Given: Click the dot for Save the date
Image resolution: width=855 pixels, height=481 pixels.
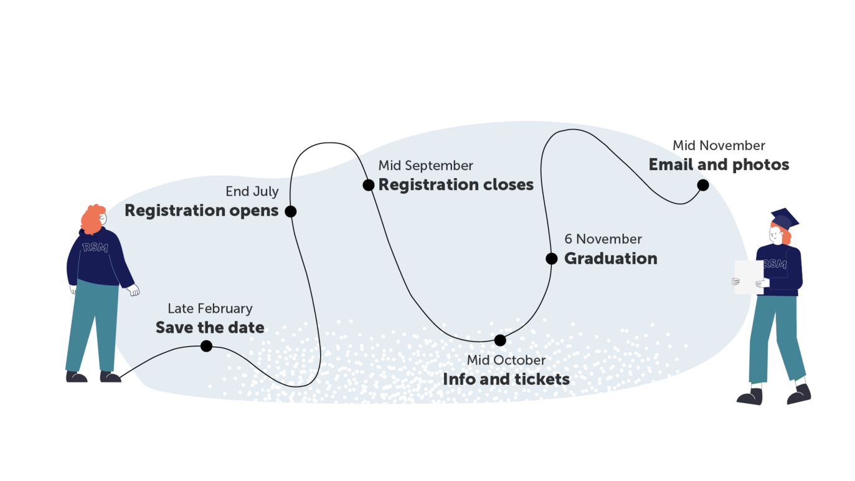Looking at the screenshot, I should [x=206, y=346].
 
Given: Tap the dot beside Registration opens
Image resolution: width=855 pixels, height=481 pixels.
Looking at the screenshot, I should [x=290, y=211].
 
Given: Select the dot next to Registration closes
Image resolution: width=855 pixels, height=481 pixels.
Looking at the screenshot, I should [x=369, y=185].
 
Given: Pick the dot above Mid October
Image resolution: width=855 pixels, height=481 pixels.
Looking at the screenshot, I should [x=500, y=340].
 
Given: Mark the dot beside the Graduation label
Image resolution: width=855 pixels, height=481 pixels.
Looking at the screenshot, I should [x=552, y=259].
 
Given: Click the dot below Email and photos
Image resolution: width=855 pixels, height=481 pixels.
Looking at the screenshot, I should [x=703, y=185].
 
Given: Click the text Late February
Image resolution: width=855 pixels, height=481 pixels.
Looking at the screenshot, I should [x=210, y=308].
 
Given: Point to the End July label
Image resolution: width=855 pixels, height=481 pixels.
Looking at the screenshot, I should [x=252, y=191].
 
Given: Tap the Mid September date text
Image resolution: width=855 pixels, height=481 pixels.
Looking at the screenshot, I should [x=426, y=166].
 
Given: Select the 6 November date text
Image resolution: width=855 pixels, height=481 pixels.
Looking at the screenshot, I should [x=603, y=239].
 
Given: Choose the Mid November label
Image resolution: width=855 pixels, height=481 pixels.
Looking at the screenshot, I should [x=719, y=146].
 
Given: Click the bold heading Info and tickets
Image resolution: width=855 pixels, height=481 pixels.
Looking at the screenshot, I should [x=506, y=379].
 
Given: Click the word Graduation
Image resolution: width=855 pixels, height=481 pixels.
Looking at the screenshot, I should [x=610, y=259].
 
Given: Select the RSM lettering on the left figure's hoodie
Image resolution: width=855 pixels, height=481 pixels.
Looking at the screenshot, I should [x=95, y=247].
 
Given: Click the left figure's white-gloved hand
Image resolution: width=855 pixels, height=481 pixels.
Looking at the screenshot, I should [x=133, y=290].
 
